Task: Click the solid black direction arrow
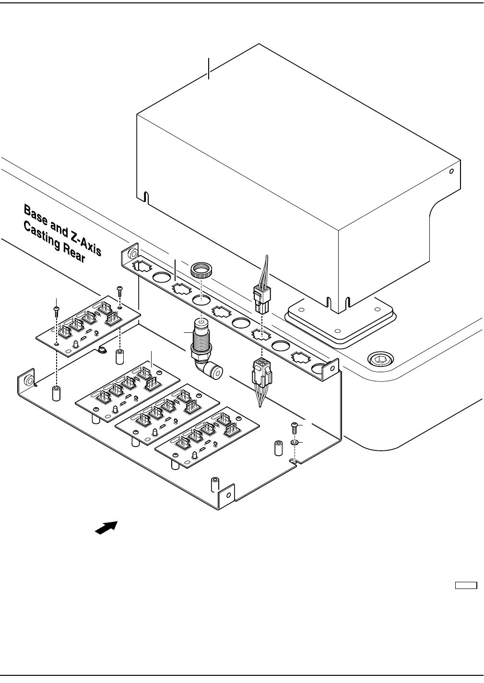pyautogui.click(x=106, y=528)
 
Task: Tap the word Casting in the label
pyautogui.click(x=42, y=236)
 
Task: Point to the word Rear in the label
pyautogui.click(x=74, y=253)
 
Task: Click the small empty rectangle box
pyautogui.click(x=466, y=586)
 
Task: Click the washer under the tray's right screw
pyautogui.click(x=295, y=442)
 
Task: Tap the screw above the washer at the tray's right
pyautogui.click(x=295, y=428)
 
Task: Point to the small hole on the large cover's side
pyautogui.click(x=452, y=171)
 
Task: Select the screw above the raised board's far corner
pyautogui.click(x=119, y=291)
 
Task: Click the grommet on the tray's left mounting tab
pyautogui.click(x=30, y=380)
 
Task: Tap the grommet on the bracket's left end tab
pyautogui.click(x=133, y=253)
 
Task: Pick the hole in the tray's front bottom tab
pyautogui.click(x=228, y=495)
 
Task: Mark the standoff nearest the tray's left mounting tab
pyautogui.click(x=56, y=393)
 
